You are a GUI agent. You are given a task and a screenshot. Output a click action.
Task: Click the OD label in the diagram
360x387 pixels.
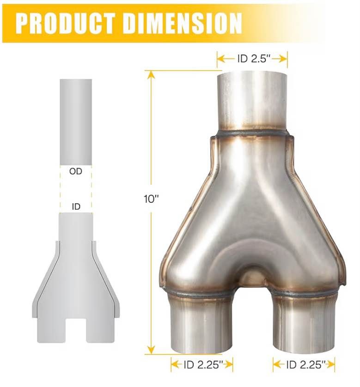click(75, 171)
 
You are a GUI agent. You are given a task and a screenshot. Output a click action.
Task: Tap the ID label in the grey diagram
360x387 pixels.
click(76, 206)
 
